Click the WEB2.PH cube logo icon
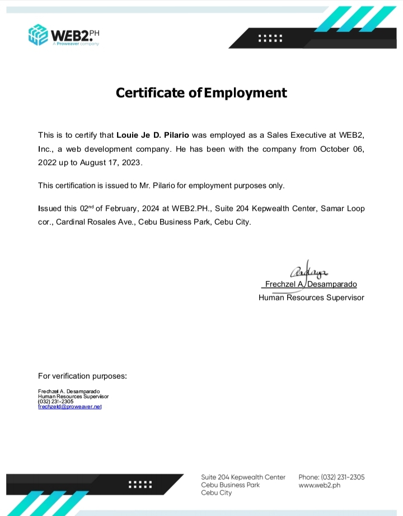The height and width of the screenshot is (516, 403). coord(38,35)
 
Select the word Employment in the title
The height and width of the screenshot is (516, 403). coord(245,92)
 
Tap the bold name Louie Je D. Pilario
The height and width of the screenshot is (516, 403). coord(153,135)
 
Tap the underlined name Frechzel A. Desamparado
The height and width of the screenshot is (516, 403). coord(311,285)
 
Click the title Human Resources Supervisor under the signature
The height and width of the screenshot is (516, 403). coord(311,297)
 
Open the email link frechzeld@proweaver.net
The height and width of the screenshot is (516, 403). coord(70,407)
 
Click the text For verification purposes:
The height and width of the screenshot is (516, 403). coord(82,376)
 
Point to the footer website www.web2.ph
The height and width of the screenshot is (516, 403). coord(320,485)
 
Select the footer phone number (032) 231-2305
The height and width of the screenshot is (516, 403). coord(343,477)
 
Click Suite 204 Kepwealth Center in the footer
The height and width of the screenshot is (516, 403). coord(243,477)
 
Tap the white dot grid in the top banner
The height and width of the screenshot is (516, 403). coord(271,38)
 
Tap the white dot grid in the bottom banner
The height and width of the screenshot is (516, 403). coord(140,485)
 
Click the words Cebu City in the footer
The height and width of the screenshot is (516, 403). coord(217,493)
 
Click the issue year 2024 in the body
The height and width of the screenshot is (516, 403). coord(150,208)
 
